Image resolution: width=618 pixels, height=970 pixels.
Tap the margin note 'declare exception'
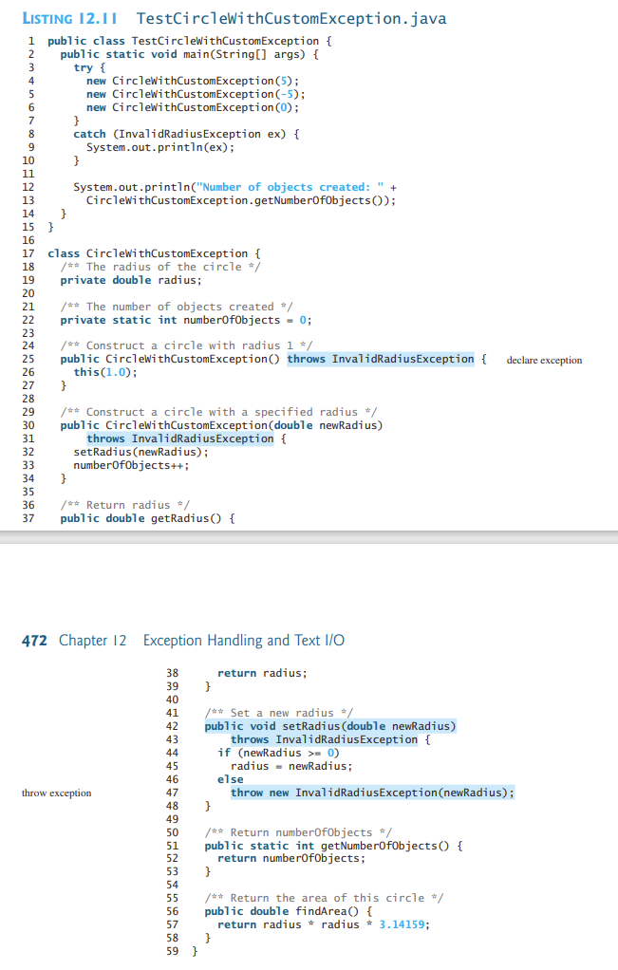(545, 360)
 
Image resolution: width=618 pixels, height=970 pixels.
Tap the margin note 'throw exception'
(57, 793)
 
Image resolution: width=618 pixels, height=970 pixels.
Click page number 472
(34, 641)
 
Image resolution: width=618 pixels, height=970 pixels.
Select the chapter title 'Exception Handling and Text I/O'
(244, 641)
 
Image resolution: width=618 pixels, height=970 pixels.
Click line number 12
(29, 187)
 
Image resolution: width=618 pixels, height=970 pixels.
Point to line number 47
(173, 793)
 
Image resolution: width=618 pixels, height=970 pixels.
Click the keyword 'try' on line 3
(84, 67)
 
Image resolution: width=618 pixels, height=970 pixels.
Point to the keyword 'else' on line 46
(231, 779)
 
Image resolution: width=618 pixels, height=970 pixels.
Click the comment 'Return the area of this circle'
(328, 898)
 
